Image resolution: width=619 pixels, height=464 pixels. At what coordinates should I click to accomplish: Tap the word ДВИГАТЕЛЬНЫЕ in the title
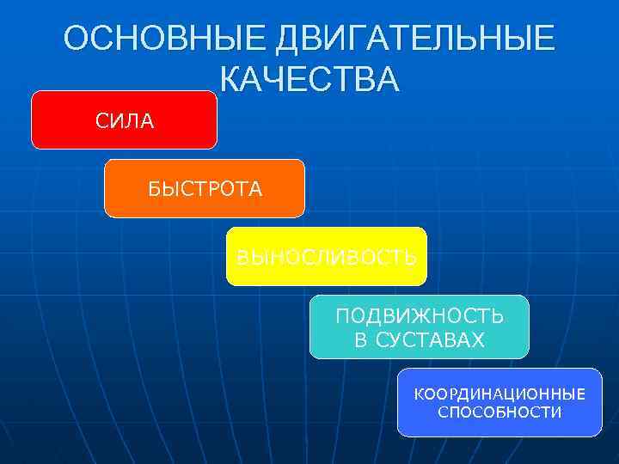(x=415, y=40)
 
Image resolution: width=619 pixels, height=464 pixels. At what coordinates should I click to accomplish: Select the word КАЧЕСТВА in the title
(x=309, y=80)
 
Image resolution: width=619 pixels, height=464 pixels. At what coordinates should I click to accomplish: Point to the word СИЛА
(x=125, y=121)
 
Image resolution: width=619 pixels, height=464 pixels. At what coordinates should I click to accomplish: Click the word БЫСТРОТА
(x=205, y=189)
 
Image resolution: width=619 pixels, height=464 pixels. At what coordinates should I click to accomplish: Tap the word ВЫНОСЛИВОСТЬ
(x=327, y=257)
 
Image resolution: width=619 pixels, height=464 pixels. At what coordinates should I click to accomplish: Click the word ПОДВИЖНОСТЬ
(x=420, y=316)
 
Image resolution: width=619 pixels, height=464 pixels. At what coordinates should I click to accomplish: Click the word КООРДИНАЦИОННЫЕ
(x=499, y=394)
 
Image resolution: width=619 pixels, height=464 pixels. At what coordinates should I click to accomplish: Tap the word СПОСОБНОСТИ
(x=499, y=412)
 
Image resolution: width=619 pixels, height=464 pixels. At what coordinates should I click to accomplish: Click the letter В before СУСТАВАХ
(x=360, y=340)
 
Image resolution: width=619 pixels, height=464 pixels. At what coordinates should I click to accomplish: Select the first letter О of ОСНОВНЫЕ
(x=77, y=40)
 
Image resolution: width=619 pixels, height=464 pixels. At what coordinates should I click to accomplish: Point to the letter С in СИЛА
(x=101, y=121)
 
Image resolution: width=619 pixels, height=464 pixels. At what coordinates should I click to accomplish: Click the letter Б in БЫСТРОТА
(x=153, y=189)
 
